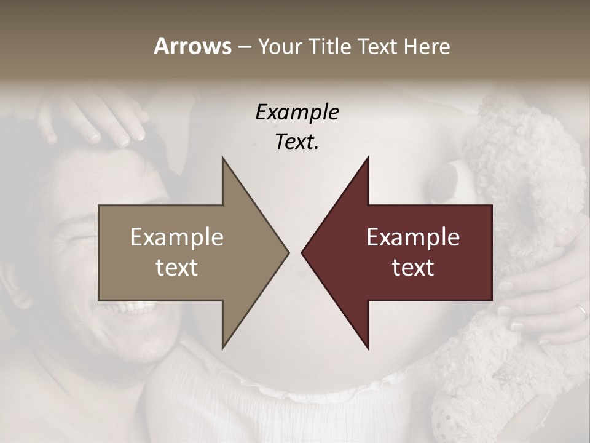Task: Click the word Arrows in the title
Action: pos(192,46)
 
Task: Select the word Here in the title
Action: pos(428,46)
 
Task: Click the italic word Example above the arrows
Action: pos(297,113)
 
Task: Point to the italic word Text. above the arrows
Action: pos(297,142)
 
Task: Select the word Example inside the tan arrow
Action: pos(177,237)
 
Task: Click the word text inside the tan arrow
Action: pos(177,267)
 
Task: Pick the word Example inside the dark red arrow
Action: pos(413,237)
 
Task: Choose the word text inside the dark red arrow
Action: pos(413,267)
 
